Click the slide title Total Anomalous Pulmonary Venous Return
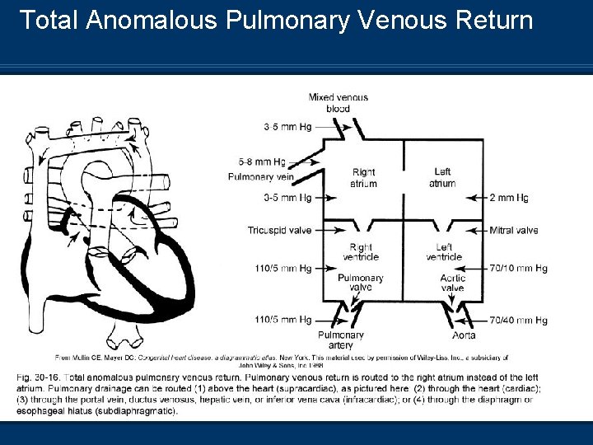[x=276, y=20]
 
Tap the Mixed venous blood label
[x=338, y=103]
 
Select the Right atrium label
[x=363, y=178]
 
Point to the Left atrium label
[x=442, y=178]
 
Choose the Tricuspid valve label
[x=279, y=230]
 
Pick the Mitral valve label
[x=514, y=230]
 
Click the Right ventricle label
[x=361, y=252]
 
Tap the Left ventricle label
[x=444, y=252]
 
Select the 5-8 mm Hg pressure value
[x=262, y=162]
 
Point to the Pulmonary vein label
[x=261, y=176]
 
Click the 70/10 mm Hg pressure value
[x=518, y=268]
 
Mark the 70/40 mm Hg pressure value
[x=518, y=320]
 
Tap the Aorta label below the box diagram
[x=464, y=335]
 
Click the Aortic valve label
[x=452, y=283]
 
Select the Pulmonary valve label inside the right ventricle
[x=361, y=283]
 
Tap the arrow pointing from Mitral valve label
[x=474, y=230]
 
